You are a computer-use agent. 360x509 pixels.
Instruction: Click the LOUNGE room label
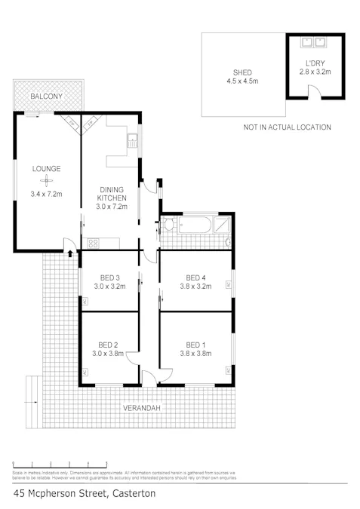(x=46, y=168)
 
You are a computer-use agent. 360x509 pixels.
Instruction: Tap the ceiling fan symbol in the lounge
(x=46, y=181)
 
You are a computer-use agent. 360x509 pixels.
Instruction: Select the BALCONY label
(x=46, y=97)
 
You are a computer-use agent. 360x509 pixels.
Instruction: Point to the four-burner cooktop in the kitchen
(x=94, y=243)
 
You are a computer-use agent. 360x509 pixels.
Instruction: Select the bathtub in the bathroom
(x=196, y=224)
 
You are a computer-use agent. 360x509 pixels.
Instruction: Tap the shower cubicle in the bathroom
(x=224, y=224)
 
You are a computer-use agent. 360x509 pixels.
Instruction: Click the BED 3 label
(x=109, y=277)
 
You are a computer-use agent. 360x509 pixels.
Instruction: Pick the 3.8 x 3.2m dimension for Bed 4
(x=195, y=287)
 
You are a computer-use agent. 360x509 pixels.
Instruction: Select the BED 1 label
(x=195, y=342)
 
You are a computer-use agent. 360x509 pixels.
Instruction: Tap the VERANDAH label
(x=141, y=408)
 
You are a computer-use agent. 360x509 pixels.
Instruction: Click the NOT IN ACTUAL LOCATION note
(x=287, y=127)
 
